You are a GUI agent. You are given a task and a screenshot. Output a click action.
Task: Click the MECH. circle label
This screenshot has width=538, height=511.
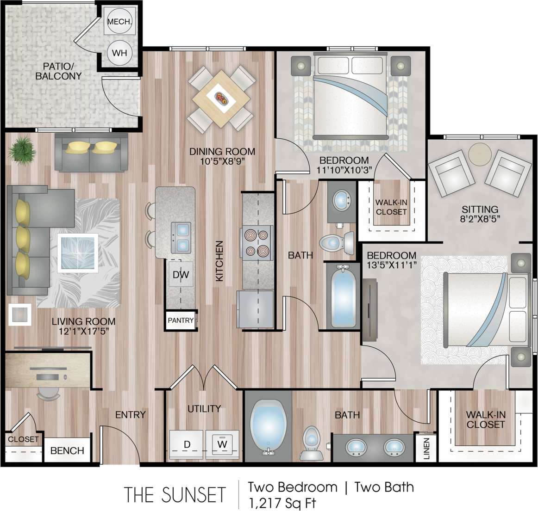119,21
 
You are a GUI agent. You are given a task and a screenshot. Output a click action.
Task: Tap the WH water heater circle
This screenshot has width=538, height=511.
119,53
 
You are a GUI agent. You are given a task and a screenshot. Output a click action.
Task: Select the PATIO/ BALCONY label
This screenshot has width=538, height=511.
59,71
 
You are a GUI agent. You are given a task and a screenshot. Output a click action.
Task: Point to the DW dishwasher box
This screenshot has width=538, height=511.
181,275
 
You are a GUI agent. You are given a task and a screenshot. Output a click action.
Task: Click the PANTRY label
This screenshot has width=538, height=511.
181,320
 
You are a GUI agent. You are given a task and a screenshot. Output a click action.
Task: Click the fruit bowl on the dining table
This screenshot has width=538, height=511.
220,98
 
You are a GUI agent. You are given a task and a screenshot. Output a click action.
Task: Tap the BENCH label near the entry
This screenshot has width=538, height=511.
67,450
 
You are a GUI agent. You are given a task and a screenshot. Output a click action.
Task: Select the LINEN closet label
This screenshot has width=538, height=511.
426,448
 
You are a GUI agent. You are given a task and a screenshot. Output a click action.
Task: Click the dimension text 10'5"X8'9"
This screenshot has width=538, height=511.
222,161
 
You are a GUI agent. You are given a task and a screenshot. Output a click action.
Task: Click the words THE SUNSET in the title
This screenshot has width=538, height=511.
175,494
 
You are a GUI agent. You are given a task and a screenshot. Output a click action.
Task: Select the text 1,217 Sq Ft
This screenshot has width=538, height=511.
282,503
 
